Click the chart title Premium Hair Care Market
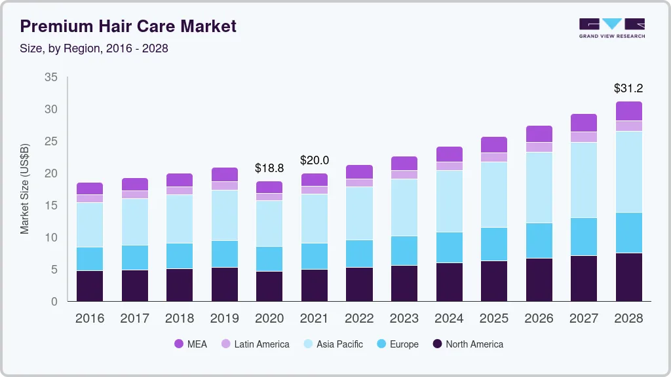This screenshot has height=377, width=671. click(128, 27)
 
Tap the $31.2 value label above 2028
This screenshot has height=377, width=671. click(628, 88)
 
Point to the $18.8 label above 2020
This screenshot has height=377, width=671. click(269, 168)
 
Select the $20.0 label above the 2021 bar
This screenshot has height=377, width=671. click(315, 160)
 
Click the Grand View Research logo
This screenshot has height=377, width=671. click(611, 27)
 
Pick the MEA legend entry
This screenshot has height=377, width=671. click(191, 344)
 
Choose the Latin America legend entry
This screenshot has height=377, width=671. click(255, 344)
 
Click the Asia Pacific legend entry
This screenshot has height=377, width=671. click(332, 344)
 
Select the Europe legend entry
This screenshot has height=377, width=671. click(396, 344)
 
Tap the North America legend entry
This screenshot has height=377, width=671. click(467, 344)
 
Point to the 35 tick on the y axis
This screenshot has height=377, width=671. click(50, 77)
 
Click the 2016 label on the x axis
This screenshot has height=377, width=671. click(89, 319)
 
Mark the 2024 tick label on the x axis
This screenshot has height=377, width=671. click(450, 319)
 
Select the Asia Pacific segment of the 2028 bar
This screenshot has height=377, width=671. click(629, 171)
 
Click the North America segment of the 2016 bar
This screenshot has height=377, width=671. click(90, 286)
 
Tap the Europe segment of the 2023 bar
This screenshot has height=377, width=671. click(404, 251)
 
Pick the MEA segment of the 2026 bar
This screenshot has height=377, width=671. click(539, 134)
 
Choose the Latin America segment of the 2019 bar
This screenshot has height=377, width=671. click(225, 186)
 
